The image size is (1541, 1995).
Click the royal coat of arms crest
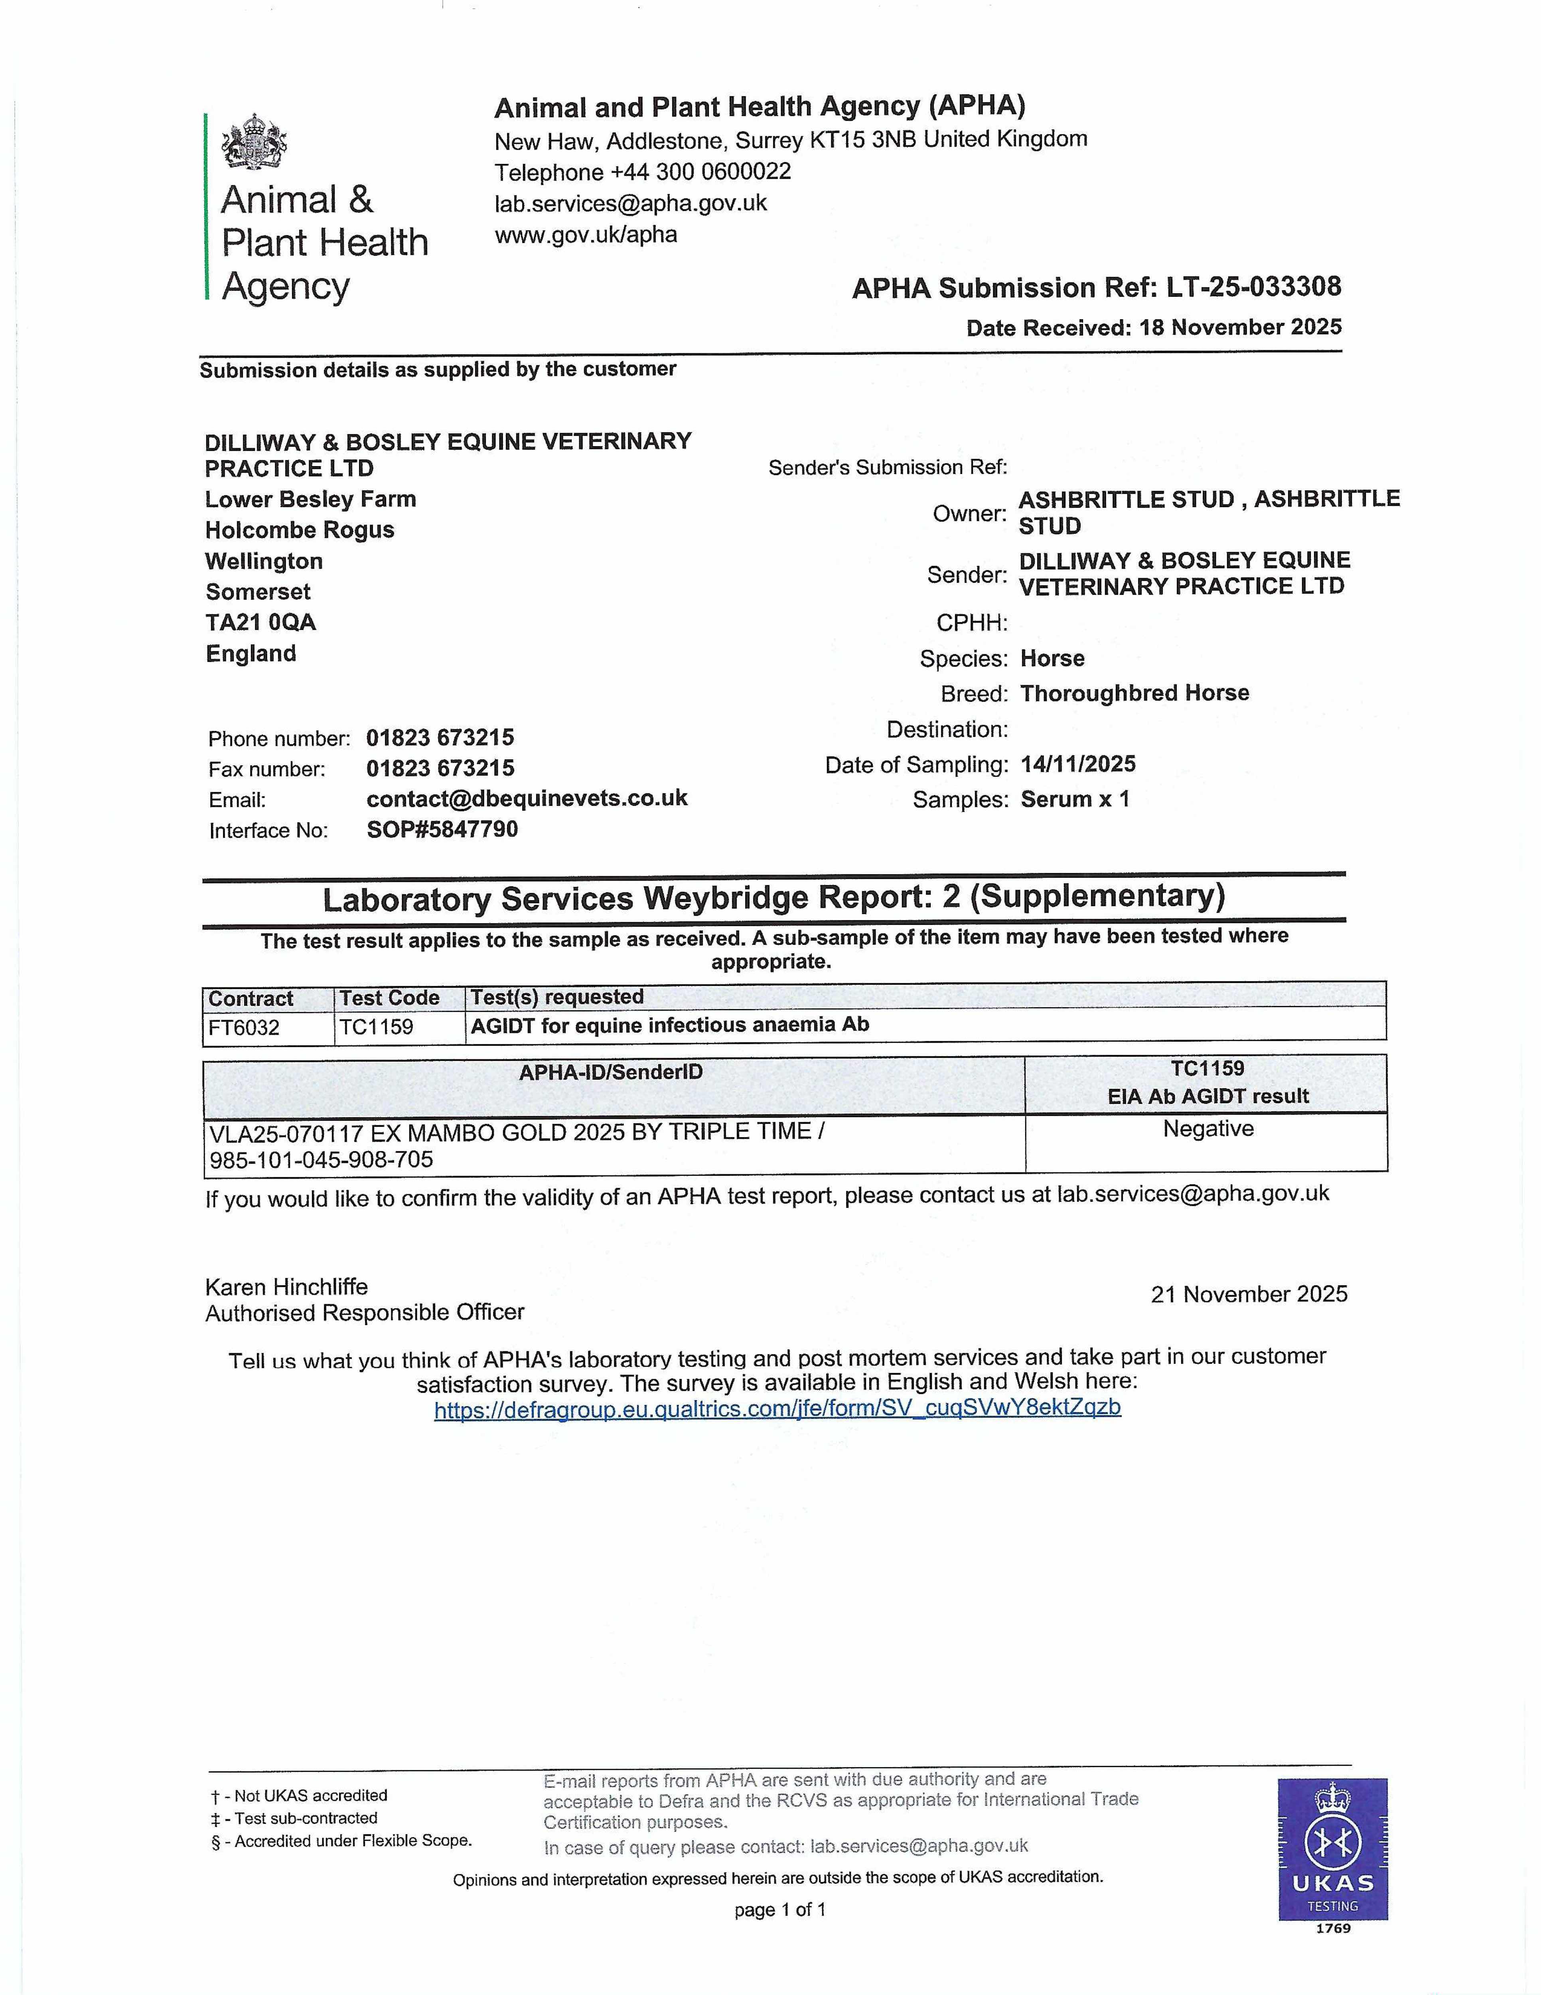point(254,142)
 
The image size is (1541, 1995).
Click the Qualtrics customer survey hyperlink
point(777,1408)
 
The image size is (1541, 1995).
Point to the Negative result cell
point(1208,1130)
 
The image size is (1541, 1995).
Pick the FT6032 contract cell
point(244,1028)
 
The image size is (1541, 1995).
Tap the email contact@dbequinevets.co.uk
point(527,798)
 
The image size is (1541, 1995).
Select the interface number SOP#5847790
point(442,830)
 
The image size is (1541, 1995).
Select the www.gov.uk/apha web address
point(586,235)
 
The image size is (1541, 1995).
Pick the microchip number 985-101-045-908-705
point(322,1160)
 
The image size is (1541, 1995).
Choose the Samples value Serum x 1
point(1075,799)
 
